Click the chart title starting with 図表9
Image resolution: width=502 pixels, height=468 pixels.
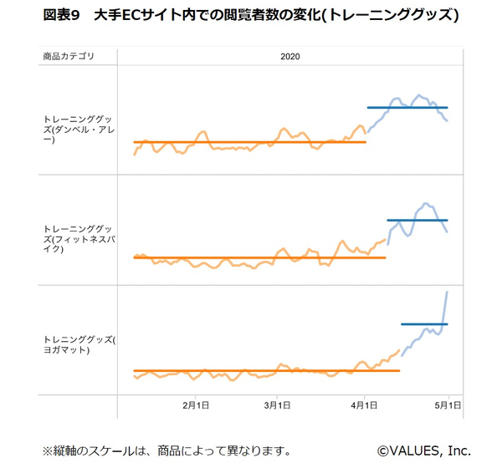250,16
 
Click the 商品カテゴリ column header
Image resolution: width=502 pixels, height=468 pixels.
68,56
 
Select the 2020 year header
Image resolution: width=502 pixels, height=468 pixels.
290,56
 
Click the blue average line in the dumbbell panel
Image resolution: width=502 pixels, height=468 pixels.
407,108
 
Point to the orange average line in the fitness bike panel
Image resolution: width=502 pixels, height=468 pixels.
259,257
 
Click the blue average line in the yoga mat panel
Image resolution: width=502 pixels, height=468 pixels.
424,323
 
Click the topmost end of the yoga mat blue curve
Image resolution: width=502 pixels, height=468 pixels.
448,292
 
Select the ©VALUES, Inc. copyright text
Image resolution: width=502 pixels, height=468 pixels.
423,450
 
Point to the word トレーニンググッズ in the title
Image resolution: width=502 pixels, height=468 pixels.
392,16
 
